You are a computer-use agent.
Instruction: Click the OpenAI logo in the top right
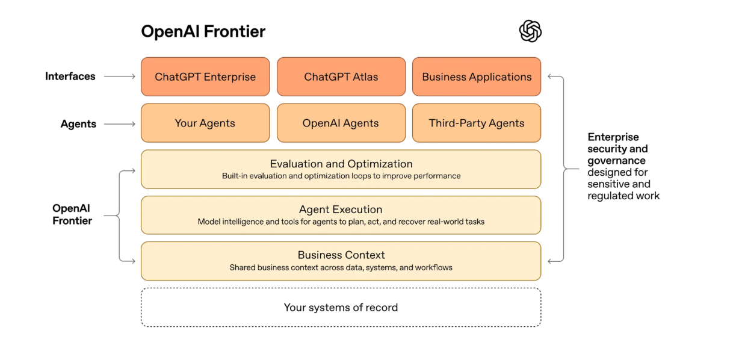click(530, 31)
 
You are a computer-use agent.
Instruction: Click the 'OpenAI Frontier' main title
click(203, 31)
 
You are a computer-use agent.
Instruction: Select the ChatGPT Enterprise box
click(205, 76)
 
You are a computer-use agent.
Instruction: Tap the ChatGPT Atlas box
click(341, 76)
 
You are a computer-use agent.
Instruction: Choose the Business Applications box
click(477, 76)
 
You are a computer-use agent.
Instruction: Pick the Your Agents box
click(205, 123)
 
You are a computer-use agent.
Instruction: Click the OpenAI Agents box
click(341, 123)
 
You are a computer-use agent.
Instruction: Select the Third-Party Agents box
click(477, 123)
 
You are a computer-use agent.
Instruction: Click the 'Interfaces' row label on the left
click(70, 76)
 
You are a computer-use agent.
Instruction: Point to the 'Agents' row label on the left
click(78, 124)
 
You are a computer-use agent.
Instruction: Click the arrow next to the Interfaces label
click(120, 76)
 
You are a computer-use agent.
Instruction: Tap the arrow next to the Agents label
click(120, 124)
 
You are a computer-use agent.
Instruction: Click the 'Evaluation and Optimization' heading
click(341, 164)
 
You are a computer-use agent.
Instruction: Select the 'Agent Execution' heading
click(341, 209)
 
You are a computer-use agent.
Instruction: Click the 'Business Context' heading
click(341, 255)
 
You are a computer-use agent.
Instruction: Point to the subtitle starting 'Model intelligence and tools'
click(341, 222)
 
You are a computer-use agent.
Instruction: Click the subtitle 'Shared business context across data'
click(341, 267)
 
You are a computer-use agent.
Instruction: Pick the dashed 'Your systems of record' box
click(341, 307)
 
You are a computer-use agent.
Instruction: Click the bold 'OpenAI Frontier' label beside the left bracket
click(72, 214)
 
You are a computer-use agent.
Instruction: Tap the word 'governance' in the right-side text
click(617, 161)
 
